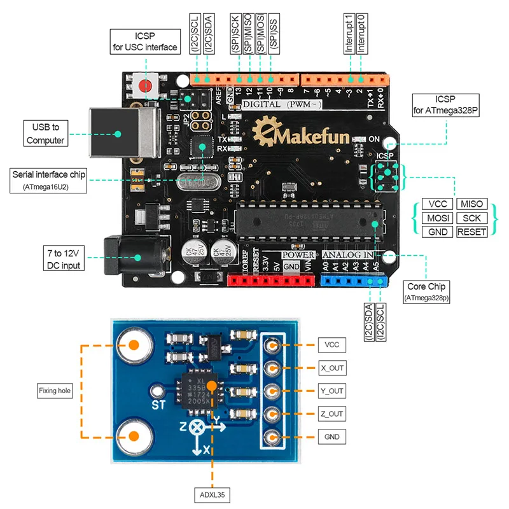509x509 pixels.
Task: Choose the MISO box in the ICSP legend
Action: [x=471, y=204]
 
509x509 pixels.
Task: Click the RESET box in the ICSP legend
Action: [x=471, y=232]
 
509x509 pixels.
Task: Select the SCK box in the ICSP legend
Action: [x=471, y=218]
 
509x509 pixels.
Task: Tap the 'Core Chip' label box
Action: [x=426, y=291]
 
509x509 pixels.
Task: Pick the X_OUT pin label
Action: [x=331, y=368]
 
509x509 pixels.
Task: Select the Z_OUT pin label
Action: [x=331, y=414]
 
